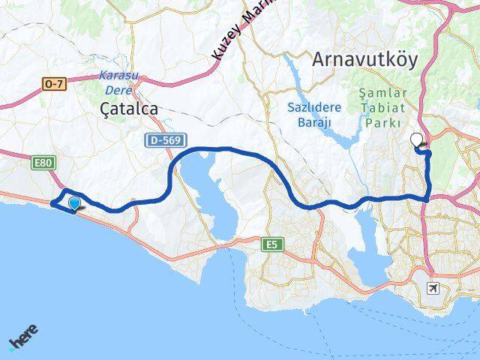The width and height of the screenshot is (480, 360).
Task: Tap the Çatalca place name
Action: coord(129,109)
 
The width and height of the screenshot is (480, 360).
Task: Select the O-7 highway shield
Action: coord(55,84)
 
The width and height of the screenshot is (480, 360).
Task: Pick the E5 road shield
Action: coord(271,244)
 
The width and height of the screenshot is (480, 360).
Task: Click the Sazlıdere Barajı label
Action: coord(315,114)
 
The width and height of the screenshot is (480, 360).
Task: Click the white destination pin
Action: coord(417,139)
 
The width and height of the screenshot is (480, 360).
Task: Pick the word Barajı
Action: coord(315,121)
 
